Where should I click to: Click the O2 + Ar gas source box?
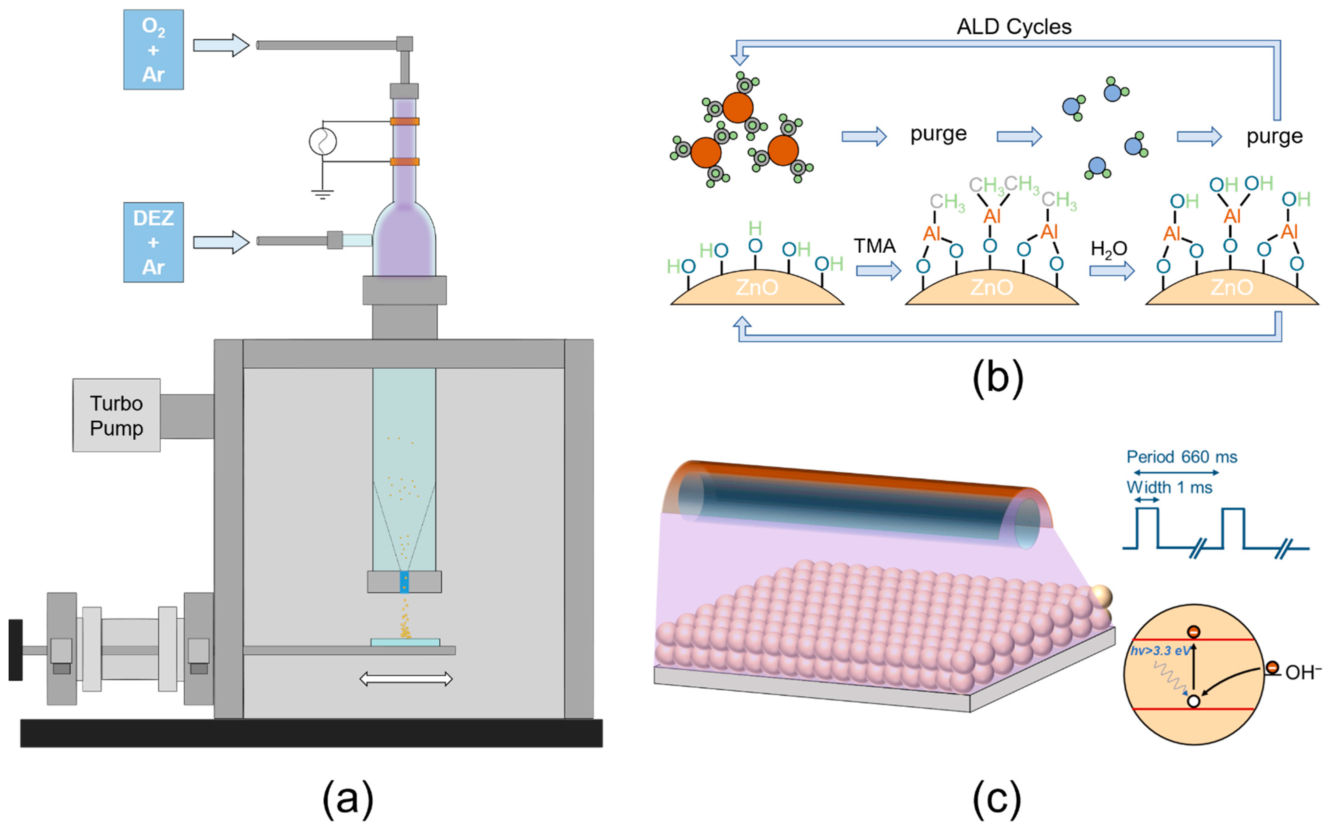coord(153,49)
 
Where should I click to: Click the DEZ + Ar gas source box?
coord(153,242)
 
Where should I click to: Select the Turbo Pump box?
coord(116,415)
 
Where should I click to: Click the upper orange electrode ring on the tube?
coord(404,121)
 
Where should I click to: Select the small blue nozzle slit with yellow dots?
coord(404,582)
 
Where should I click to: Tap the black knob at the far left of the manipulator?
coord(15,650)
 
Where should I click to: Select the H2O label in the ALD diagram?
coord(1108,249)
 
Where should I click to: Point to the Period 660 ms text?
coord(1181,457)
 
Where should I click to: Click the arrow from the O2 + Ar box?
coord(221,45)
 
